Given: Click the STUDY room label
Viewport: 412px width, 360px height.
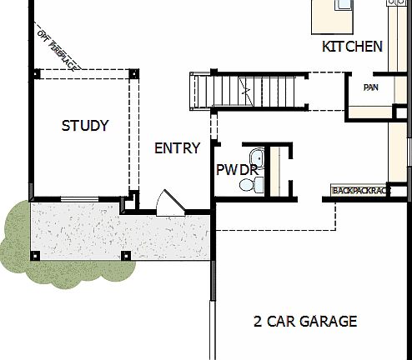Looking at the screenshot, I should (x=85, y=127).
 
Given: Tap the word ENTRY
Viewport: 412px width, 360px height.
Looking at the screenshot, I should (x=178, y=148).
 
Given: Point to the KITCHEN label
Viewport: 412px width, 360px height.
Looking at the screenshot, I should (x=352, y=47).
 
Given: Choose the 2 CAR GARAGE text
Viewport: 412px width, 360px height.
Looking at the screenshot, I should (x=305, y=321).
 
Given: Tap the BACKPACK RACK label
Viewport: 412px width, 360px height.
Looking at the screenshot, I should (x=361, y=191).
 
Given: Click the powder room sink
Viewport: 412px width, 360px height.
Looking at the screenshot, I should (x=256, y=157).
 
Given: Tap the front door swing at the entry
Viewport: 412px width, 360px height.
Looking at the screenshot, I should (x=168, y=202).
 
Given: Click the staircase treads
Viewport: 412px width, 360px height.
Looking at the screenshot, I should (x=225, y=91).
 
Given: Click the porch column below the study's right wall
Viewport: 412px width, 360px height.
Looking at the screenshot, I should (x=125, y=254).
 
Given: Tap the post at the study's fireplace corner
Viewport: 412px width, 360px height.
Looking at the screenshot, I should (x=36, y=73).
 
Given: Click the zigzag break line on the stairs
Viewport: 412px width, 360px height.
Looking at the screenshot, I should (x=245, y=90).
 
